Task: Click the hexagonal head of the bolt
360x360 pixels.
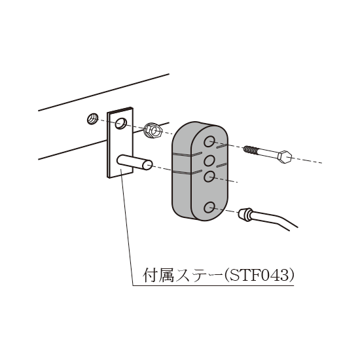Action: [x=285, y=157]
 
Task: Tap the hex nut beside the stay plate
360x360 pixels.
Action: [x=153, y=131]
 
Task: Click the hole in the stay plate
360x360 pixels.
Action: [x=121, y=124]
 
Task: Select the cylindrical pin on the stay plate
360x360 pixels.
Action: [x=135, y=162]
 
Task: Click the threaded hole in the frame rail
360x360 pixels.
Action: [x=92, y=119]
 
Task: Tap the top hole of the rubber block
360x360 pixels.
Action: [x=209, y=141]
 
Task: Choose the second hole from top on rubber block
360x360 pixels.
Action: [x=209, y=160]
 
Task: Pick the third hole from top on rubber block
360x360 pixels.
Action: [x=209, y=176]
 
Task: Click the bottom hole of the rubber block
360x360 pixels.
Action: [x=209, y=207]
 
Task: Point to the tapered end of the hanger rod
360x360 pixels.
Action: [x=245, y=215]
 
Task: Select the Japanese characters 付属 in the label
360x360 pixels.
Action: [x=158, y=275]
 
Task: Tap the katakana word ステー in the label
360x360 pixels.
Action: [x=199, y=275]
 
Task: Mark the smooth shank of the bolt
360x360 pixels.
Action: [x=268, y=153]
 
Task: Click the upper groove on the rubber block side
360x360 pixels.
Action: [x=187, y=154]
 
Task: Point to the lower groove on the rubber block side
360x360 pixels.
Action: [x=187, y=173]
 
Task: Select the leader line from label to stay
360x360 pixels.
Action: [x=127, y=227]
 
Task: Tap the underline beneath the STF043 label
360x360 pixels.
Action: [x=213, y=286]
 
